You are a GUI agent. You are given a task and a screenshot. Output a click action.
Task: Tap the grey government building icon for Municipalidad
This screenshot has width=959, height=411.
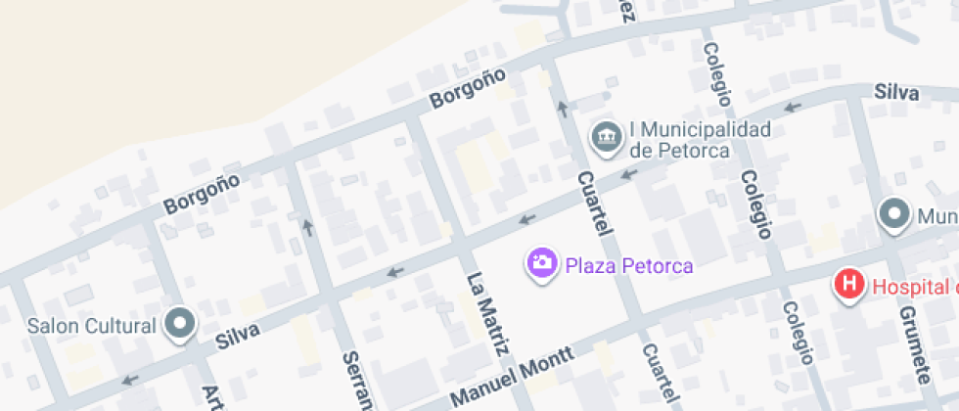(x=608, y=138)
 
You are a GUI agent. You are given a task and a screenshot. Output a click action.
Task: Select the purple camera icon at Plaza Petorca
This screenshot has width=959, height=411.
(x=541, y=262)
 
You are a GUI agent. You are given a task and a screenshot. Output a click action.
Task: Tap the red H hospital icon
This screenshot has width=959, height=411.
(x=849, y=285)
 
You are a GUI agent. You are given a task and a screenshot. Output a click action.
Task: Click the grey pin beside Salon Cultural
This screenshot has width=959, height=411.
(x=180, y=325)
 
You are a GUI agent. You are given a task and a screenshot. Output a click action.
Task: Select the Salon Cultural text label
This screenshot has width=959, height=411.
(x=92, y=326)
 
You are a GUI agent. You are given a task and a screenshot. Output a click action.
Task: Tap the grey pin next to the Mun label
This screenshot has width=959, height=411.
(x=892, y=214)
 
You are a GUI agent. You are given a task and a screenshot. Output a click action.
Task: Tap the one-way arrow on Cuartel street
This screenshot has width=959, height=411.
(x=562, y=107)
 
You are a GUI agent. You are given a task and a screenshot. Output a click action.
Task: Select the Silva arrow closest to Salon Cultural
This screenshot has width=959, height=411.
(x=130, y=380)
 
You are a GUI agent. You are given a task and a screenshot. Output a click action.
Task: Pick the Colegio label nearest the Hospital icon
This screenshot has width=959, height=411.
(x=798, y=332)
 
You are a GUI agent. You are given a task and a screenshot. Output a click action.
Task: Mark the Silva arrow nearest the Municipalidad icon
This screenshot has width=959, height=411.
(x=629, y=174)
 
